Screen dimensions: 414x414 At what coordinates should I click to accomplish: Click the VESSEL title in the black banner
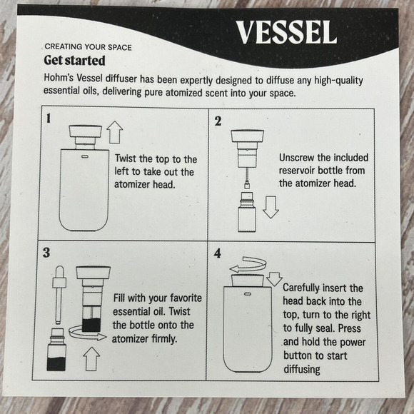pos(286,31)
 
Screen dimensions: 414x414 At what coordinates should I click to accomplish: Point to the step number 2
pos(218,121)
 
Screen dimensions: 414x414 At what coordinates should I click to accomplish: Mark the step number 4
pos(218,253)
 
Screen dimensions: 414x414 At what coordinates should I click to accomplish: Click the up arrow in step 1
pos(115,132)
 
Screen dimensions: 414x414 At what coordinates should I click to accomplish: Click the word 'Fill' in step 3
pos(122,299)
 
